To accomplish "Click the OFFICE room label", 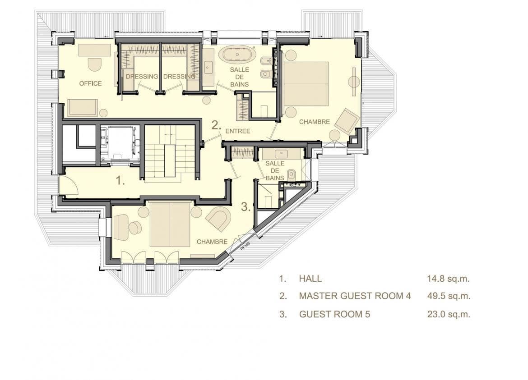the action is click(90, 83).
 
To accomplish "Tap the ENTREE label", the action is click(238, 131).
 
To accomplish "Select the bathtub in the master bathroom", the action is click(237, 55).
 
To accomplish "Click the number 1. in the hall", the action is click(120, 181).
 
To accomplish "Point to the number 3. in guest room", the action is click(246, 207).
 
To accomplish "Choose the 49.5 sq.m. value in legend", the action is click(449, 296).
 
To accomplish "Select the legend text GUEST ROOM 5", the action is click(334, 314).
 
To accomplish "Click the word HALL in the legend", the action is click(310, 279).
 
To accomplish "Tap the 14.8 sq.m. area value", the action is click(448, 279).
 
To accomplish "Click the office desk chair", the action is click(95, 64).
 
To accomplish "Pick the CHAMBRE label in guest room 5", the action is click(212, 242).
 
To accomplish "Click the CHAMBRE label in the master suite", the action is click(315, 122).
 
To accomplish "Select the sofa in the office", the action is click(83, 108).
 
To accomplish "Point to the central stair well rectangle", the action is click(170, 161).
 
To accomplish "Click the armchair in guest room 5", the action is click(218, 219).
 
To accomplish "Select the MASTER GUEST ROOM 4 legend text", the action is click(355, 296).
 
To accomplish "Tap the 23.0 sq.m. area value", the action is click(449, 314).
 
